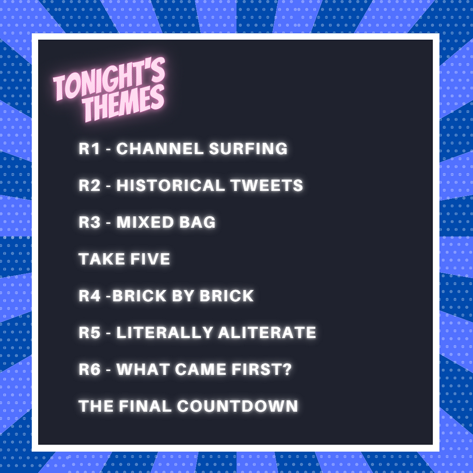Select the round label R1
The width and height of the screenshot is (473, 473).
[89, 149]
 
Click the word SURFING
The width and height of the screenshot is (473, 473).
[248, 149]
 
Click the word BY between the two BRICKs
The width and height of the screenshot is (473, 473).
[187, 296]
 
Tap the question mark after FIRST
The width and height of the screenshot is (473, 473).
[288, 370]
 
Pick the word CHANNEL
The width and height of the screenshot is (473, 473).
[160, 149]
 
